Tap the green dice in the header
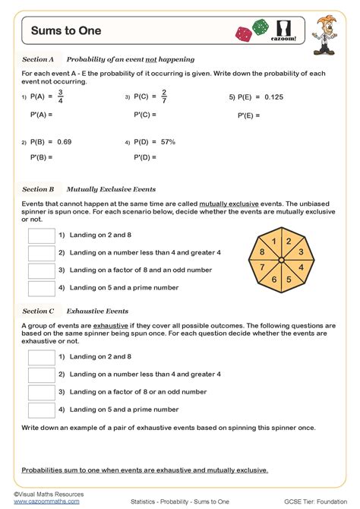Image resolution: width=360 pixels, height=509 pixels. tap(261, 27)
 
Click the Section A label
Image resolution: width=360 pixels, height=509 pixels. tap(38, 58)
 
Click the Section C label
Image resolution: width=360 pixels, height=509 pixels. tap(38, 311)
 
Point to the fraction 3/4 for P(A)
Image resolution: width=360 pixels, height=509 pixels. tap(61, 96)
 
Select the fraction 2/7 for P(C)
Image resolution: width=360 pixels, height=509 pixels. tap(164, 96)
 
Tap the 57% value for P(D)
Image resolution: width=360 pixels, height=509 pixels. tap(168, 141)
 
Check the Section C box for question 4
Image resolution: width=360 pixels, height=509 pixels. tap(41, 409)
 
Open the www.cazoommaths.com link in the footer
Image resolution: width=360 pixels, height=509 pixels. tap(47, 501)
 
